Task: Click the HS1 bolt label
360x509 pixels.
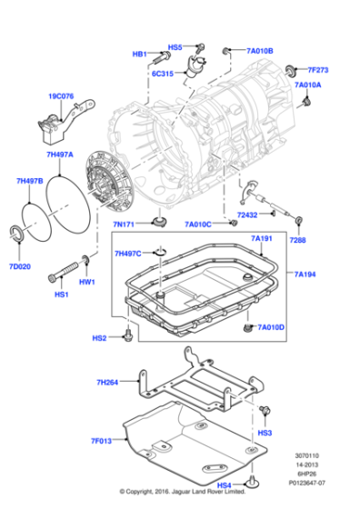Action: point(62,294)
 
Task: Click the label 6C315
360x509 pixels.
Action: point(163,74)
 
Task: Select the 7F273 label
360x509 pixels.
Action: point(317,70)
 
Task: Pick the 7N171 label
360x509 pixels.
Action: point(125,224)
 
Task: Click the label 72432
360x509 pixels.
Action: point(248,215)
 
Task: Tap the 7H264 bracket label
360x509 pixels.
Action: point(107,383)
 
